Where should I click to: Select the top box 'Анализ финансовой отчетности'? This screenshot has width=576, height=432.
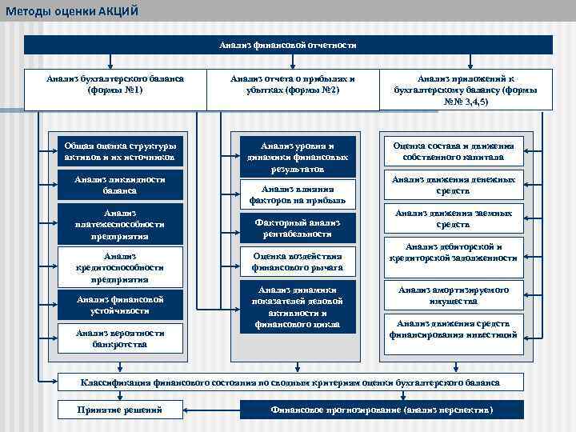click(288, 46)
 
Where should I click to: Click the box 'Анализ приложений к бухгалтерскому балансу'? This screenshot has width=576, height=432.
click(465, 90)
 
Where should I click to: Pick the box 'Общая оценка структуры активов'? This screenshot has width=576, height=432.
click(120, 152)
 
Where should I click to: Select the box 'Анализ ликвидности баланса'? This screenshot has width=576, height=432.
click(120, 186)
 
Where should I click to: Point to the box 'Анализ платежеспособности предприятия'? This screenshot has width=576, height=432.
click(120, 225)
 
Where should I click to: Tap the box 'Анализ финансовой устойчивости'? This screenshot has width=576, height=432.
click(120, 305)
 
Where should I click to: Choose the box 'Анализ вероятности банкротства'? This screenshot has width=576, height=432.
click(120, 338)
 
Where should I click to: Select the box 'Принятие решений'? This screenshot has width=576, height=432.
click(119, 410)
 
